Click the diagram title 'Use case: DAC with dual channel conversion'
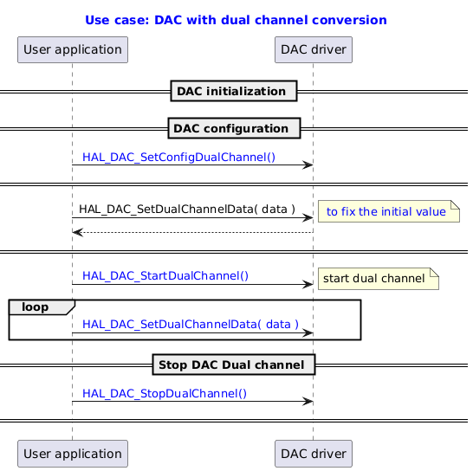tap(236, 19)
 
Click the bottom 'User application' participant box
tap(72, 453)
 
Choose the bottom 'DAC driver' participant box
tap(313, 453)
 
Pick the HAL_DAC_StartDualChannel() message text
tap(165, 275)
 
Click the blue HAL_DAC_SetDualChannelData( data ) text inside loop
tap(190, 325)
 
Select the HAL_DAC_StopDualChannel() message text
tap(164, 393)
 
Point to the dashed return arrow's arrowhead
tap(76, 232)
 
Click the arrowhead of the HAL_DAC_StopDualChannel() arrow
tap(308, 401)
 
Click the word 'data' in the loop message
tap(277, 325)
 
